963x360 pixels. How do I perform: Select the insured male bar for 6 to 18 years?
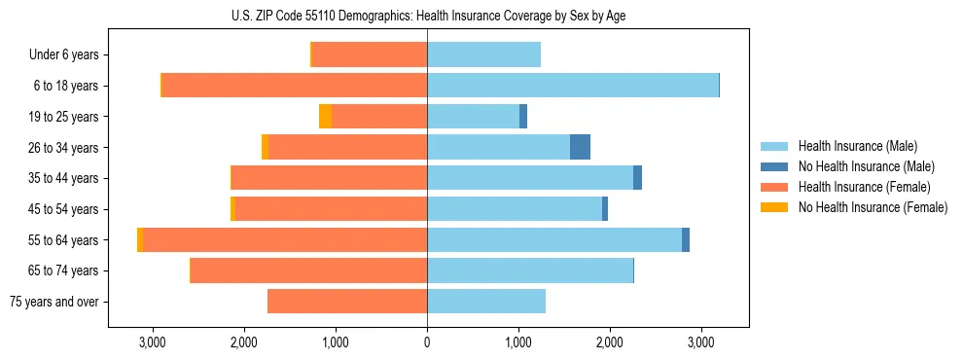(572, 86)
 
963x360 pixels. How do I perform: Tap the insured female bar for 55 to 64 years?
(285, 239)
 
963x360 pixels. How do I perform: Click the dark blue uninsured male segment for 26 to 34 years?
(580, 147)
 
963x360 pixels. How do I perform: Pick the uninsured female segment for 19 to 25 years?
(325, 117)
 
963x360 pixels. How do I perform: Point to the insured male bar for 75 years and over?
(486, 302)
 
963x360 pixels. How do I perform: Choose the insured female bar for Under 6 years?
(370, 54)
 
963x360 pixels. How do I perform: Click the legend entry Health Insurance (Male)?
(857, 146)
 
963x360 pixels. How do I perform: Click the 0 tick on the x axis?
(427, 342)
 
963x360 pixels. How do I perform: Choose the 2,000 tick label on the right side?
(610, 342)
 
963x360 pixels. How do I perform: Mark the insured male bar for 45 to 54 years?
(515, 209)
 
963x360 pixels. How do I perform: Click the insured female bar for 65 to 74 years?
(308, 270)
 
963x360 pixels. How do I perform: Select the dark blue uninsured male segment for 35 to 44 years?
(637, 178)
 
